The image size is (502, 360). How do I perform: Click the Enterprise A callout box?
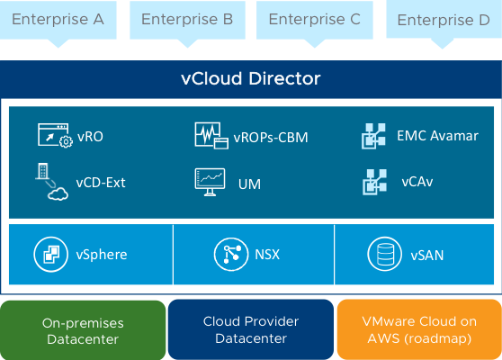[x=58, y=20]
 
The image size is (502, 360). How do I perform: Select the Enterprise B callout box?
[x=187, y=20]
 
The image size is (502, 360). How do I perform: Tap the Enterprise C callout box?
[x=314, y=20]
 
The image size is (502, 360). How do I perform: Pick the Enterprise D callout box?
[x=444, y=20]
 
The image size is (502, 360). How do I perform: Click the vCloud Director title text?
[x=251, y=78]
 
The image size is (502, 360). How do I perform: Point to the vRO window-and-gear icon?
[x=55, y=135]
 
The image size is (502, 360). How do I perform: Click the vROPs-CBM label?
[x=271, y=138]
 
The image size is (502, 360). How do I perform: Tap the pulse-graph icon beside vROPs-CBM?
[x=211, y=136]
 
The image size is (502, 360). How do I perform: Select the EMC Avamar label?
[x=437, y=136]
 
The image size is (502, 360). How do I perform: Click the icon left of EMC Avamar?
[x=373, y=136]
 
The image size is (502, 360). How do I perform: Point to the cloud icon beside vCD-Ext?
[x=58, y=194]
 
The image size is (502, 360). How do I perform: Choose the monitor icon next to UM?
[x=210, y=182]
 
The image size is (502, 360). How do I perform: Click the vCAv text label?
[x=417, y=182]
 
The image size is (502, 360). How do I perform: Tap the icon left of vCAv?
[x=374, y=182]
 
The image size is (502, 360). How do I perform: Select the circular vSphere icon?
[x=51, y=255]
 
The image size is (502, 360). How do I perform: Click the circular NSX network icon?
[x=231, y=255]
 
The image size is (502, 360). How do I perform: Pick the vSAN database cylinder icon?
[x=385, y=255]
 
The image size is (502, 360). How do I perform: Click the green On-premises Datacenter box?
[x=83, y=330]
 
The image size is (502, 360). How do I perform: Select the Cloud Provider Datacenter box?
[x=251, y=329]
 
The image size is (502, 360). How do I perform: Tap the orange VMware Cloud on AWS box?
[x=419, y=329]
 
